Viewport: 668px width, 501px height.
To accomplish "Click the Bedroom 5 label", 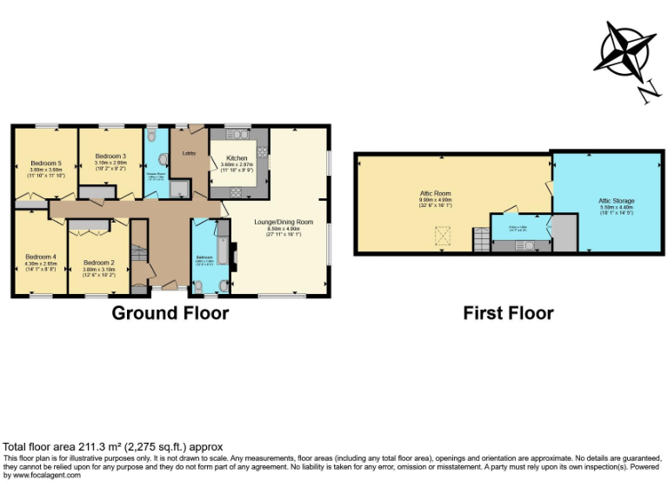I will point(46,163).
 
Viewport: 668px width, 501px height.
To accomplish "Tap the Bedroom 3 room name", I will point(110,157).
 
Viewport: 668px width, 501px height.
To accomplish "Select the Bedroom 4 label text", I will point(40,257).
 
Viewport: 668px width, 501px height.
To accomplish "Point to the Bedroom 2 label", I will point(97,263).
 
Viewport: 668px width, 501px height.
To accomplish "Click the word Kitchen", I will point(236,158).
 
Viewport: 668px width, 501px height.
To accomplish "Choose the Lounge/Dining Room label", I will point(283,223).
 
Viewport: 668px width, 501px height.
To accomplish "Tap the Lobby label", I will point(188,154).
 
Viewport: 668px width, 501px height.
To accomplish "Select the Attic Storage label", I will point(617,201).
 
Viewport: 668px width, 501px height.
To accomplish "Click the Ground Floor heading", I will point(170,313).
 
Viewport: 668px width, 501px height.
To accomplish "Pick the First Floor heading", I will point(508,313).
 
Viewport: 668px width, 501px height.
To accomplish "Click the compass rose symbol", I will point(625,50).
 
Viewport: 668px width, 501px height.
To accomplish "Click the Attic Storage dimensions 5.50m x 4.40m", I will point(617,208).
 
